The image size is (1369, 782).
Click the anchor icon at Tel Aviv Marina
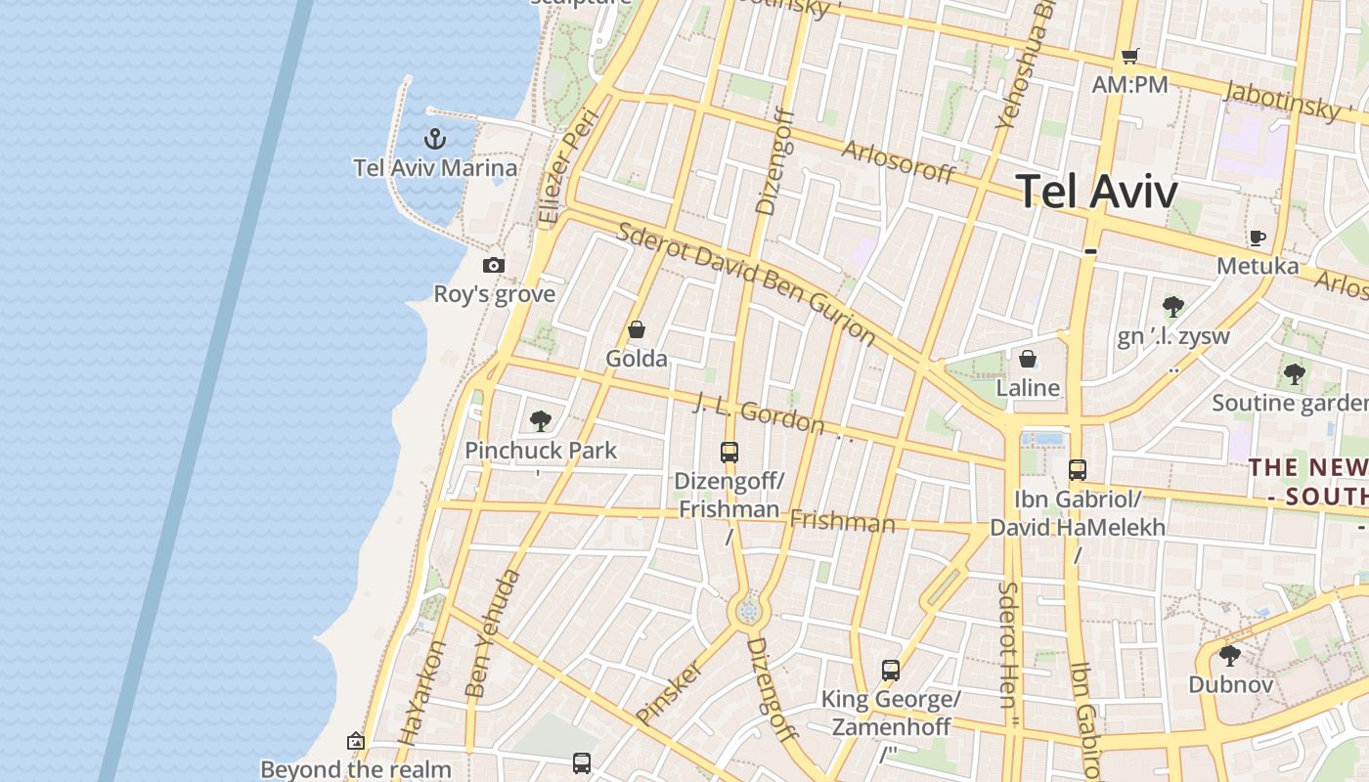(435, 139)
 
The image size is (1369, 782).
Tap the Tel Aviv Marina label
(435, 167)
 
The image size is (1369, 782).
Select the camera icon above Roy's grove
(494, 265)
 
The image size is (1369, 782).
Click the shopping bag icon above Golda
(637, 329)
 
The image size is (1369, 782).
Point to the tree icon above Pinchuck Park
(540, 421)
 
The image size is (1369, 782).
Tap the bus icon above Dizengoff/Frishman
(729, 453)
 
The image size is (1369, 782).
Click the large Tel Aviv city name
(1096, 191)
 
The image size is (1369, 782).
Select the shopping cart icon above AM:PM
(1130, 56)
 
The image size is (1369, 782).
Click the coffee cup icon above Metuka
(1258, 238)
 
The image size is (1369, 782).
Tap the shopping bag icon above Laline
(1028, 359)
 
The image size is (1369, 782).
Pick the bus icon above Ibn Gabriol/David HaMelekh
(1078, 470)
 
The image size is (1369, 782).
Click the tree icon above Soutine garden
(1294, 373)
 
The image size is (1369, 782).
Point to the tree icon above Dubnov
(1230, 655)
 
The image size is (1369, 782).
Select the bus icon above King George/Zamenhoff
(891, 671)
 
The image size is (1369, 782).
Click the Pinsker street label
(670, 692)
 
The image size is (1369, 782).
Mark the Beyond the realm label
(356, 769)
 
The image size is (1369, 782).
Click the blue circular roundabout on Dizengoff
(749, 612)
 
